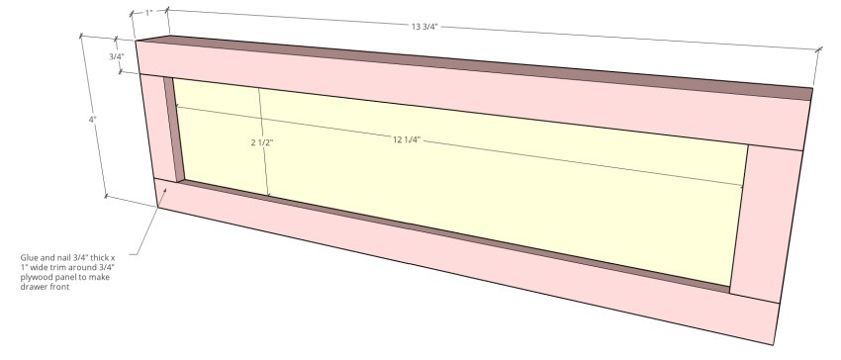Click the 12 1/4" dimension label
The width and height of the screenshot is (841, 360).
tap(407, 140)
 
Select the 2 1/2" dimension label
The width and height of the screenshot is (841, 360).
tap(261, 142)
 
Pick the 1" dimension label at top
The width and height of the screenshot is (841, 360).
tap(148, 13)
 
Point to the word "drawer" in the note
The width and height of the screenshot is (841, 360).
tap(33, 285)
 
